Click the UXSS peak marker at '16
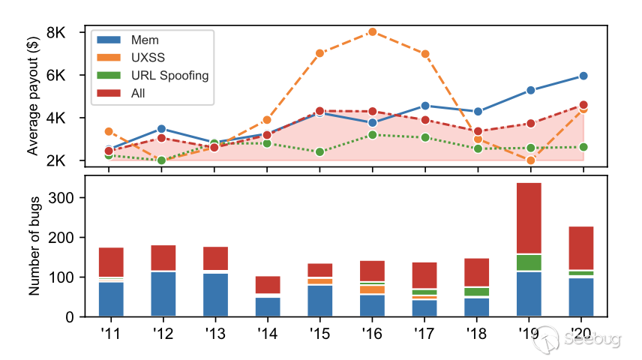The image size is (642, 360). click(x=373, y=31)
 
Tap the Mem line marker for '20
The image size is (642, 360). click(x=583, y=76)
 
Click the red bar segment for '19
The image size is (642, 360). click(x=531, y=218)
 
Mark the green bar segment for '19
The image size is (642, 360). click(x=531, y=262)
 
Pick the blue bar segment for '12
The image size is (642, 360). click(x=162, y=294)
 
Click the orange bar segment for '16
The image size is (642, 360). click(x=373, y=289)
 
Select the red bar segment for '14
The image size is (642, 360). click(x=268, y=284)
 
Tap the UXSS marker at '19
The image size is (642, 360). click(x=531, y=160)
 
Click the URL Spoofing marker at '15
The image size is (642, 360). click(x=320, y=151)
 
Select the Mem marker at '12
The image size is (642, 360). click(x=162, y=129)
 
